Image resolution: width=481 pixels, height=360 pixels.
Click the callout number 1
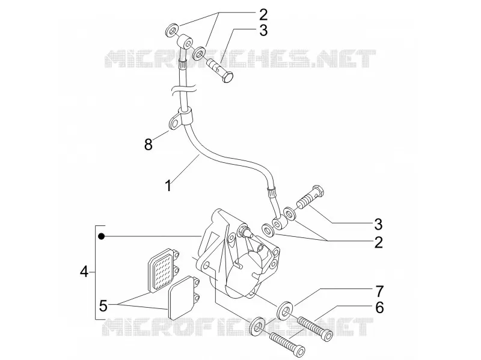click(168, 186)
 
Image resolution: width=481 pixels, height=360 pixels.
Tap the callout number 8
click(149, 144)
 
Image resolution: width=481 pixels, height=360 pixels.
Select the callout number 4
click(84, 272)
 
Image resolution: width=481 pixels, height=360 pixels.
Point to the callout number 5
click(103, 306)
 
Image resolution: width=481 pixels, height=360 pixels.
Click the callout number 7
click(379, 291)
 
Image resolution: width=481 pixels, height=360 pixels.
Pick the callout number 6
click(379, 308)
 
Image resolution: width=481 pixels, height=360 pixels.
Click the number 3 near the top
click(263, 31)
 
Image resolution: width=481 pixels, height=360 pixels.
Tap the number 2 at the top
click(263, 14)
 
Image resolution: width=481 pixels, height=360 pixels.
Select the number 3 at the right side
click(379, 224)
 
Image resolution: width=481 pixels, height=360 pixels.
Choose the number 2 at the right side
click(379, 242)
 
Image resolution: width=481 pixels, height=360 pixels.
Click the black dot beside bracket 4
click(102, 236)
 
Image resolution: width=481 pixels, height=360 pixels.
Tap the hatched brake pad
click(163, 269)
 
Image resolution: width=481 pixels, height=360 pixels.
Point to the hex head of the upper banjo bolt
click(228, 77)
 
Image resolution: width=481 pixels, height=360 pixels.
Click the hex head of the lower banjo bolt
click(317, 191)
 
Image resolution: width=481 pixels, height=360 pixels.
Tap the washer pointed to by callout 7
click(285, 310)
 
